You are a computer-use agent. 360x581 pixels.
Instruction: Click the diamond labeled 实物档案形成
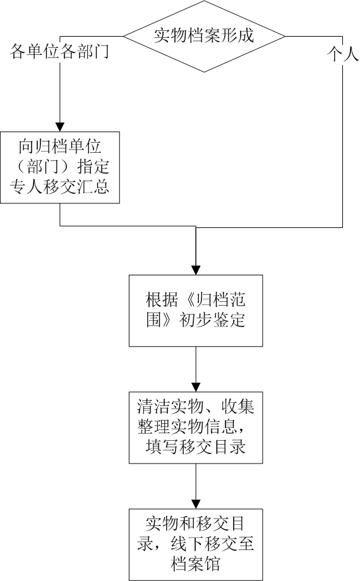point(204,37)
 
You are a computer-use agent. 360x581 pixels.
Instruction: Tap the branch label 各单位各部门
point(59,51)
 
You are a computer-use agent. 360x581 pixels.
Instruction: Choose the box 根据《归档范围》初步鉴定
point(196,311)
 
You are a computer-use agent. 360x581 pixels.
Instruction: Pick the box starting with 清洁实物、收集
point(196,428)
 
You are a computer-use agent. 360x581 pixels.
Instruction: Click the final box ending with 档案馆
point(196,544)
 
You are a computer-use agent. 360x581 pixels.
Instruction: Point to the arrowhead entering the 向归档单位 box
point(60,127)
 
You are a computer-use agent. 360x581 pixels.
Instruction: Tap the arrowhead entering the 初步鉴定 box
point(196,270)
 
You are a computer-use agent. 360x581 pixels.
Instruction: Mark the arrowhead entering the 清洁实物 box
point(196,387)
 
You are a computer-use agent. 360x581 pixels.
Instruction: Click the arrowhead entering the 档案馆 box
point(196,505)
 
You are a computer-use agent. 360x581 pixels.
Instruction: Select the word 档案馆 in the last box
point(196,563)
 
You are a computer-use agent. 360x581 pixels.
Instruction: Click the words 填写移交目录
point(196,447)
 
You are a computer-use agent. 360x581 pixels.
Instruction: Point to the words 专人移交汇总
point(60,186)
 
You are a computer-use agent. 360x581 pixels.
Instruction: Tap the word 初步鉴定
point(212,320)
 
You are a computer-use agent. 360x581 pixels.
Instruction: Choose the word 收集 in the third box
point(237,407)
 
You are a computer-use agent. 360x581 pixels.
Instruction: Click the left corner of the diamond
point(123,37)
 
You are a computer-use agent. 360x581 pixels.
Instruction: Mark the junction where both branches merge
point(196,227)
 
